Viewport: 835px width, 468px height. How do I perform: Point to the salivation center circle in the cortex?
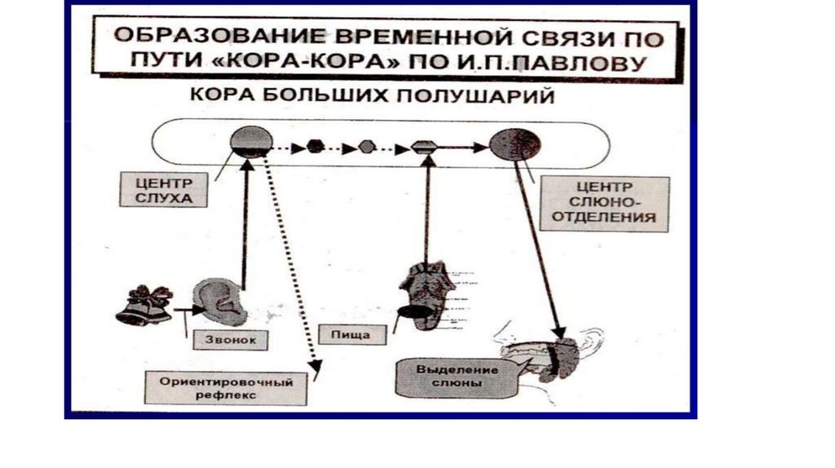pyautogui.click(x=515, y=144)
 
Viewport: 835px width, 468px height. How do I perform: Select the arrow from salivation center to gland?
pyautogui.click(x=538, y=245)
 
